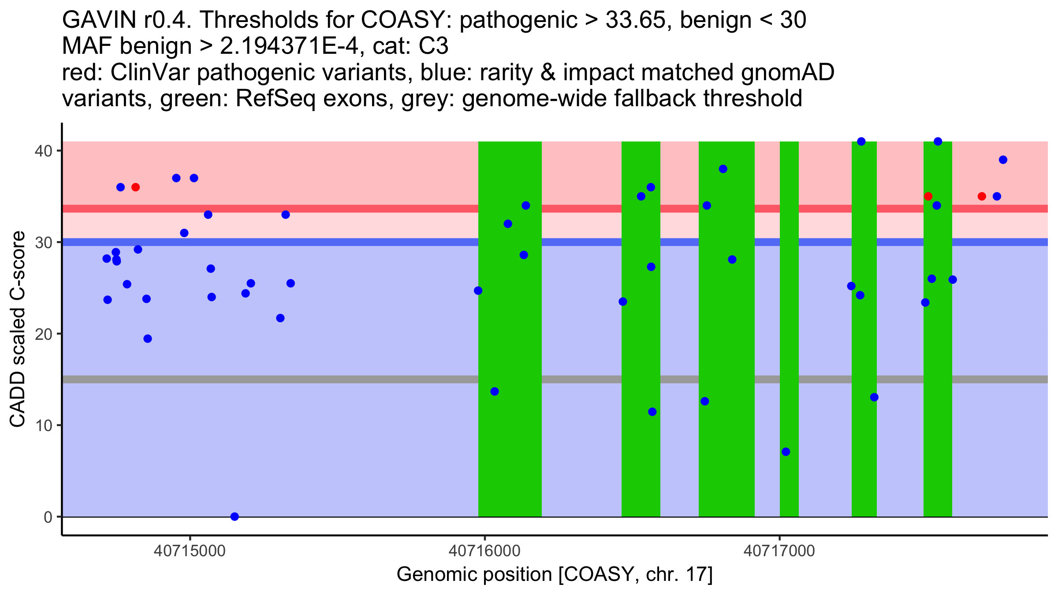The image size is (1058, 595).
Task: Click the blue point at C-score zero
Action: pyautogui.click(x=235, y=517)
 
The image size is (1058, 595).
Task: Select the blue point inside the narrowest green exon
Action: pyautogui.click(x=786, y=452)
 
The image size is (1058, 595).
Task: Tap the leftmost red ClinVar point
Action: pyautogui.click(x=135, y=187)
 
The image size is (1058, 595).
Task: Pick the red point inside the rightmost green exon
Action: pyautogui.click(x=928, y=196)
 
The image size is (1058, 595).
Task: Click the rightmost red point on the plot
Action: pyautogui.click(x=982, y=196)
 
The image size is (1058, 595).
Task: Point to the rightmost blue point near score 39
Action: pyautogui.click(x=1003, y=160)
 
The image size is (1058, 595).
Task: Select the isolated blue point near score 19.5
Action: pyautogui.click(x=148, y=338)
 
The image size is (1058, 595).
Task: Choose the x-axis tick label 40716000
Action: pyautogui.click(x=484, y=551)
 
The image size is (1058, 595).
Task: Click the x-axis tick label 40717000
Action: pyautogui.click(x=779, y=551)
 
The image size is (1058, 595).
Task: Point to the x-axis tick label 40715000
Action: pyautogui.click(x=190, y=551)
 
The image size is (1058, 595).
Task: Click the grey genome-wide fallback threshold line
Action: pyautogui.click(x=309, y=379)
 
